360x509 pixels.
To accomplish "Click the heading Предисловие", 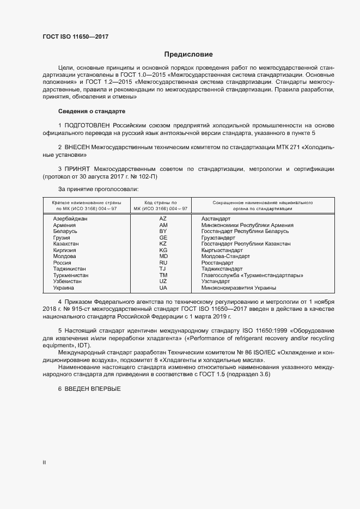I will [x=188, y=54].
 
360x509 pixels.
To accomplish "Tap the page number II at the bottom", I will [x=45, y=463].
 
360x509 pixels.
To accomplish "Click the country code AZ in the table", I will [x=163, y=218].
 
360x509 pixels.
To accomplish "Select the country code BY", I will [x=163, y=231].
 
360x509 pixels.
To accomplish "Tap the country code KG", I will [x=163, y=250].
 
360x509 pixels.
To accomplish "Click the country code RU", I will [x=163, y=262].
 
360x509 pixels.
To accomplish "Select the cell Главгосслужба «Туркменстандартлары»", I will [x=252, y=275].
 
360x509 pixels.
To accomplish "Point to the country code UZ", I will [x=163, y=281].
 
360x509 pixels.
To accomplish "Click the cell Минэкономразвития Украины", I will [x=239, y=287].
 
